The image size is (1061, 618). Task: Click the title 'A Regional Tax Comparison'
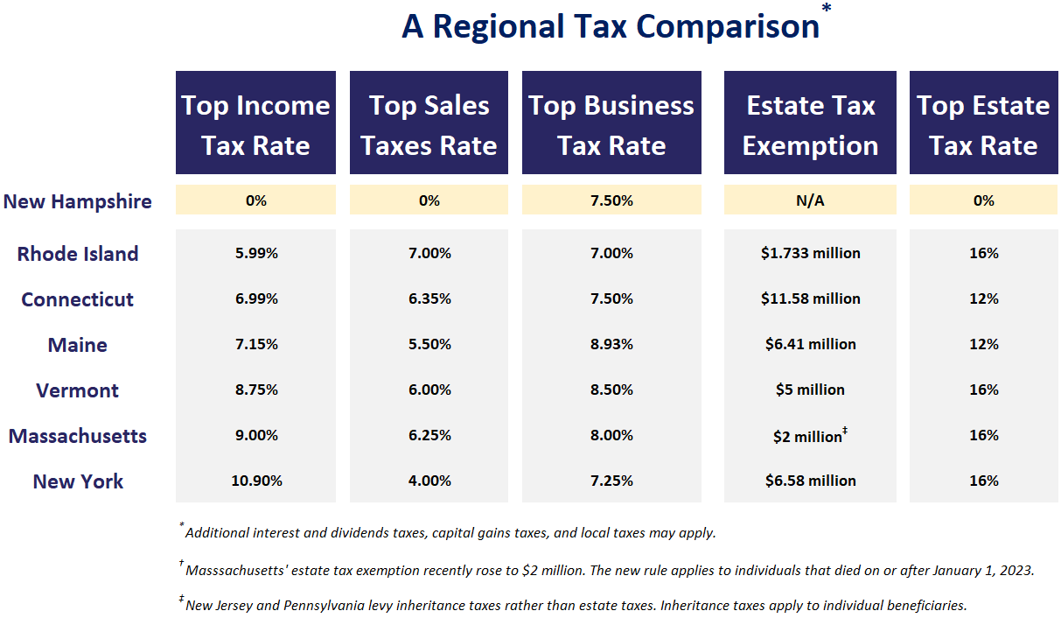point(610,26)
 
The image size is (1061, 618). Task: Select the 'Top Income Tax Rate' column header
point(255,124)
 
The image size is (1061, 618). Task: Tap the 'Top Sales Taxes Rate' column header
point(429,124)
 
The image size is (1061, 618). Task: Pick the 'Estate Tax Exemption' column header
point(810,124)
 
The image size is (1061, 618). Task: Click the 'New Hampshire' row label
point(78,201)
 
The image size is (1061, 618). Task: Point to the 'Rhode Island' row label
point(78,254)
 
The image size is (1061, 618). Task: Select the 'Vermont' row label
point(78,390)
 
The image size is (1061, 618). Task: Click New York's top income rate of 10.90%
point(255,481)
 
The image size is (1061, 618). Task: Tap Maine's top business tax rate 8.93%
point(611,344)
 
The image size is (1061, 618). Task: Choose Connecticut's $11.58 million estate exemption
point(810,298)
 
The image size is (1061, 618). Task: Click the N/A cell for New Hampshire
point(810,200)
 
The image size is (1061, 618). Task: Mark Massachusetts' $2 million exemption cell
point(810,436)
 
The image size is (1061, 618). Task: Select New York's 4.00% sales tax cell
point(429,481)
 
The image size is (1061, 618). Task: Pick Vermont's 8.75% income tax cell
point(255,390)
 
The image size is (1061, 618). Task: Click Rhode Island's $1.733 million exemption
point(810,253)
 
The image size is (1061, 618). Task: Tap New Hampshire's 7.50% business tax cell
point(611,200)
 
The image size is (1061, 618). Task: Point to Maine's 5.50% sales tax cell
point(429,344)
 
